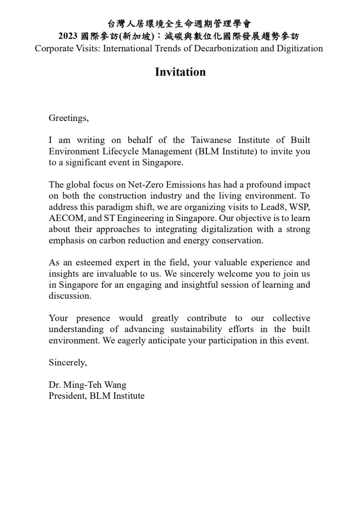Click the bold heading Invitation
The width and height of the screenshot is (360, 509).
[180, 72]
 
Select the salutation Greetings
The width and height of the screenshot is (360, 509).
[68, 118]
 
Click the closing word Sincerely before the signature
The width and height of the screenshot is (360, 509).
[67, 363]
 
